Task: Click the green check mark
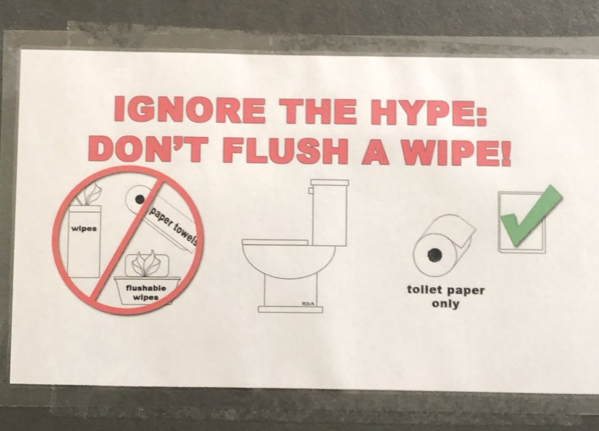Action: pos(531,216)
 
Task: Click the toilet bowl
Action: pos(289,259)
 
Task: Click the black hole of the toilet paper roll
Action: pos(434,254)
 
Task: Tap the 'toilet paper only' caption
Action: pos(445,297)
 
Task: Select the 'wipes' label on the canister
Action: pos(84,229)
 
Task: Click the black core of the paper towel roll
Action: pos(140,199)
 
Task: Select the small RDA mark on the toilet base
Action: pos(308,304)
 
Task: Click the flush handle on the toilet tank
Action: pos(312,189)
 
